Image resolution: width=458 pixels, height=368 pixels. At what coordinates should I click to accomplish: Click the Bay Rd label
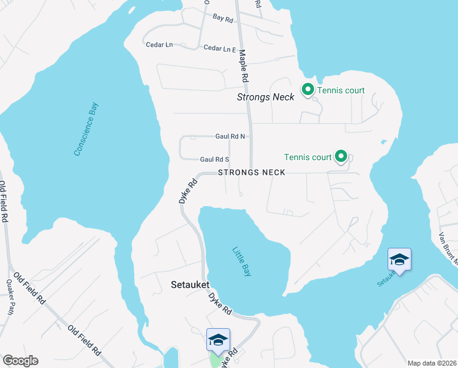click(x=223, y=20)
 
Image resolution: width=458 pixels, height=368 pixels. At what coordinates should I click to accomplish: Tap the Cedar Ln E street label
click(x=220, y=48)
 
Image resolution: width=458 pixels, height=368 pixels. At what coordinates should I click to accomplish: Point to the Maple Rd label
click(x=243, y=66)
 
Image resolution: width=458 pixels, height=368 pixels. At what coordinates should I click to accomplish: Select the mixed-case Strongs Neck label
click(x=266, y=97)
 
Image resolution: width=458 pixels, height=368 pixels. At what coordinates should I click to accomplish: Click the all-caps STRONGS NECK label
click(x=252, y=173)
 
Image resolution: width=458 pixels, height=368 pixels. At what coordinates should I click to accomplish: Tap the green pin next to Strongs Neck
click(x=307, y=91)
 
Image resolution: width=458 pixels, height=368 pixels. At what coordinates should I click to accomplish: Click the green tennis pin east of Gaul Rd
click(x=341, y=157)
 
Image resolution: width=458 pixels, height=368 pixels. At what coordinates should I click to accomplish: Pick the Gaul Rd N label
click(x=230, y=136)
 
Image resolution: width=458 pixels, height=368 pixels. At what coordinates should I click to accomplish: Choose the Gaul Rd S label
click(x=214, y=159)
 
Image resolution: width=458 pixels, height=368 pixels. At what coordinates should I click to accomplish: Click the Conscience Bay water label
click(x=86, y=129)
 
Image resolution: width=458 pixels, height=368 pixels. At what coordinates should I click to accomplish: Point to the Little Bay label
click(x=241, y=261)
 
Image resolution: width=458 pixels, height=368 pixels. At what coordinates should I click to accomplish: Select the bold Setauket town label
click(x=190, y=285)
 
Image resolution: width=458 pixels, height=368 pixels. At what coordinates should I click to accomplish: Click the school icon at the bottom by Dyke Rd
click(x=219, y=339)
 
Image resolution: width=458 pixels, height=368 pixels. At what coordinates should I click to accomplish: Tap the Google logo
click(x=20, y=361)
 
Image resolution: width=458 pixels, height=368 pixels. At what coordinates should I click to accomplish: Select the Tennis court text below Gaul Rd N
click(x=309, y=157)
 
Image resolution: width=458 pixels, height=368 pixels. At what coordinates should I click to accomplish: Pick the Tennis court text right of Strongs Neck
click(x=341, y=91)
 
